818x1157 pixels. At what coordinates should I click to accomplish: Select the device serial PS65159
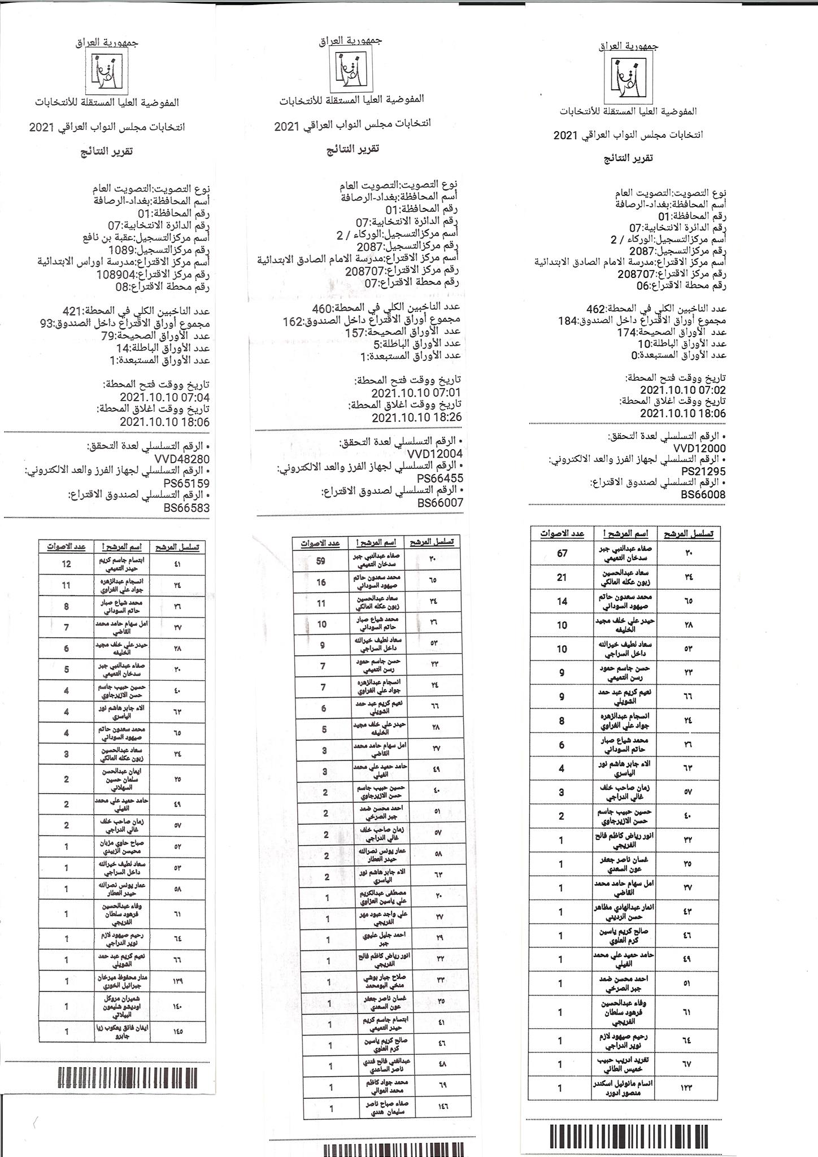click(x=186, y=484)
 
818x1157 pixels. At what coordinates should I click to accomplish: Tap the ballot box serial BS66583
click(x=186, y=508)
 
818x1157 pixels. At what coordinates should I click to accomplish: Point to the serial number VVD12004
click(x=435, y=454)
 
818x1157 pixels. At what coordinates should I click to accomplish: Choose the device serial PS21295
click(x=703, y=472)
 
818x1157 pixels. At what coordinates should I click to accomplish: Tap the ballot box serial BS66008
click(x=703, y=495)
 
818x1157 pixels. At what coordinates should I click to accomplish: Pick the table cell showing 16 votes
click(x=321, y=582)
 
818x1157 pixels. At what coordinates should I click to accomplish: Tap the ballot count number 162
click(x=294, y=321)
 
